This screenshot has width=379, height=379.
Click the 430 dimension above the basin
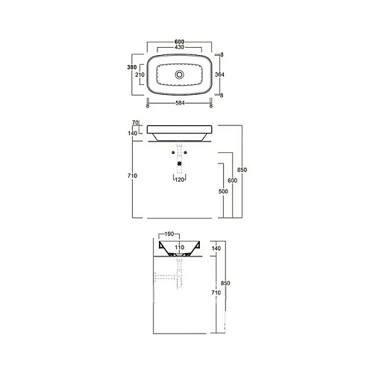179,47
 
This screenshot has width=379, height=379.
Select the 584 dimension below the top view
180,103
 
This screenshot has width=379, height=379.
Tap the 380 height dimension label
132,67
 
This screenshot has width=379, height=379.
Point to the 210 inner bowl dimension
140,75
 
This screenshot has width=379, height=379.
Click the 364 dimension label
219,75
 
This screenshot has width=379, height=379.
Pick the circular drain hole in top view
179,75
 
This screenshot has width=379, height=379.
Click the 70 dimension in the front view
135,122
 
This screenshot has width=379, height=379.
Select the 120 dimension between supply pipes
180,180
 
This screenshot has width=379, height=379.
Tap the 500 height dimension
223,191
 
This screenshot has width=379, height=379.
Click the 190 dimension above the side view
169,234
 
